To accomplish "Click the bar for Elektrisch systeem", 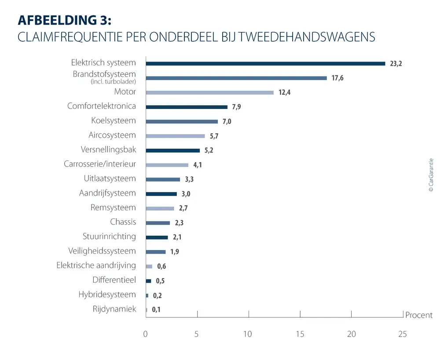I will [265, 63].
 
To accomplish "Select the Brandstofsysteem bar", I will [236, 78].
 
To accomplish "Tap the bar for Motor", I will [209, 92].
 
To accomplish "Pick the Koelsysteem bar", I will [182, 121].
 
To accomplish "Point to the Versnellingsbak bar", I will [172, 150].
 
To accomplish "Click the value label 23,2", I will [396, 64].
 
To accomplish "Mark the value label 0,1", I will [156, 310].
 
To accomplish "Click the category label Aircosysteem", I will [112, 135].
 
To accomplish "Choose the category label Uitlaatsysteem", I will [110, 178].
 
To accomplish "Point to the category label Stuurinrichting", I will [109, 236].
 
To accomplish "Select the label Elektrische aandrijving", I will [96, 265].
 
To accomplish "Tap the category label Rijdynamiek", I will [114, 309].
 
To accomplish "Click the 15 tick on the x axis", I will [300, 334].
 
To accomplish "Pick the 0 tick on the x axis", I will [146, 334].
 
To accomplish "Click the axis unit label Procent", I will [418, 315].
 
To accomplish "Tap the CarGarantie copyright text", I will [431, 175].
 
